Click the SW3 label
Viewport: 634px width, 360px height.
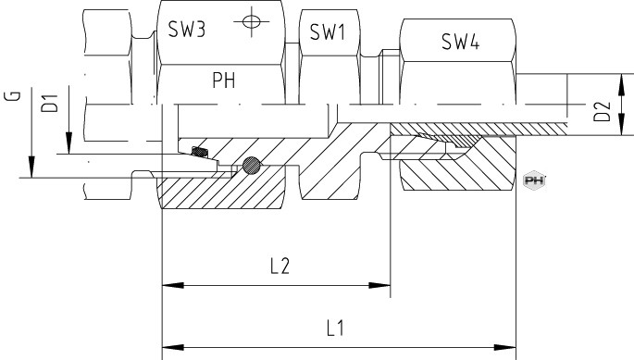point(187,29)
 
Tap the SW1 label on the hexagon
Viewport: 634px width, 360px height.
point(328,31)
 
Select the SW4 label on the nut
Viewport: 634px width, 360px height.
point(461,42)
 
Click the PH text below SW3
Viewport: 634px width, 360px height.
point(224,81)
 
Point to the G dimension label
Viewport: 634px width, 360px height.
point(12,96)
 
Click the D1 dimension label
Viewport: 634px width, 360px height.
point(50,103)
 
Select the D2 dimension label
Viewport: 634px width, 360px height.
point(602,112)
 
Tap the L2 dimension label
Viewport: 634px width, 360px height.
point(280,267)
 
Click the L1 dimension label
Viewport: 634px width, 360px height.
point(335,328)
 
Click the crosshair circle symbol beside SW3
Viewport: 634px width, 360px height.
point(251,21)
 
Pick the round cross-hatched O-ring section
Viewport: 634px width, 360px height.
point(252,165)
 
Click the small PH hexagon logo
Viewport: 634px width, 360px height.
point(534,180)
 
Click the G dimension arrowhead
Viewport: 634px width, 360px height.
point(31,167)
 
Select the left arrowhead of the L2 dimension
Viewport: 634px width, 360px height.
point(173,286)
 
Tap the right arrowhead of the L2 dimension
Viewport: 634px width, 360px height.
point(379,286)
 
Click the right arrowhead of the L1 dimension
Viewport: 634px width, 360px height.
point(505,347)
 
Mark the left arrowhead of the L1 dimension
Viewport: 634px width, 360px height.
point(173,347)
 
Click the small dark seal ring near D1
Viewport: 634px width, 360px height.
point(200,152)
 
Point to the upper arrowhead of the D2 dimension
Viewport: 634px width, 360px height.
point(621,84)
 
